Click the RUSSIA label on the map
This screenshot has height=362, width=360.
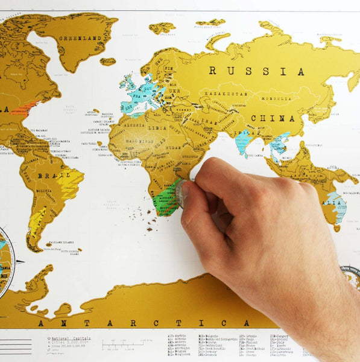click(x=256, y=71)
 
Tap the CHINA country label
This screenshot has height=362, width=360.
click(x=267, y=118)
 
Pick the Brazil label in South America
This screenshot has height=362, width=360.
click(x=46, y=175)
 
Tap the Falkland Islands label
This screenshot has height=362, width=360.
click(x=52, y=247)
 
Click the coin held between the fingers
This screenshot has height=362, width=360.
click(x=179, y=194)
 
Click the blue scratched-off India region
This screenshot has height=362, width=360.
click(x=242, y=142)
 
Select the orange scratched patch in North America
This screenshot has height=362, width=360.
click(x=24, y=109)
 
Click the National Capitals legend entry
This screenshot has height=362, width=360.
click(x=70, y=338)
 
